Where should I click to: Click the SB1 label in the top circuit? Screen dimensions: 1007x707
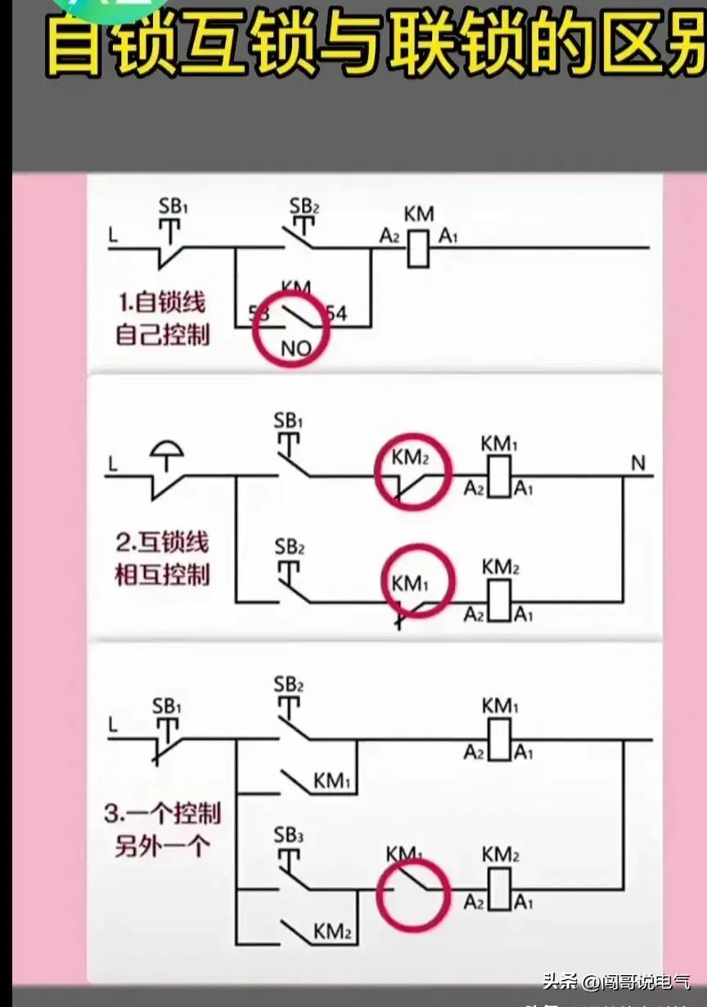(173, 207)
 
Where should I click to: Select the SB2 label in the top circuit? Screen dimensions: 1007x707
(304, 204)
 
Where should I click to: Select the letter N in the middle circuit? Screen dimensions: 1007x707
(637, 464)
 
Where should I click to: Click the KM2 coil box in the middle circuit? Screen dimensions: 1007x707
(499, 602)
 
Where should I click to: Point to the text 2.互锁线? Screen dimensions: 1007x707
(162, 541)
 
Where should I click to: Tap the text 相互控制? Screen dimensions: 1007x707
(162, 574)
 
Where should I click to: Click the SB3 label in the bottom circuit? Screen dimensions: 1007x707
(289, 836)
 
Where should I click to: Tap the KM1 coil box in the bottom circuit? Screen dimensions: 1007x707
(499, 740)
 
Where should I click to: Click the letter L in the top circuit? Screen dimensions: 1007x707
(112, 235)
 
